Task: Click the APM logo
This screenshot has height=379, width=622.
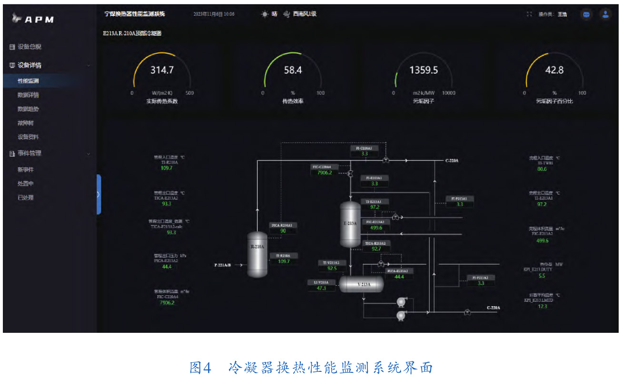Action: point(33,19)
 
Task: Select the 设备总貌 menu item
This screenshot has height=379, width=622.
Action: point(29,47)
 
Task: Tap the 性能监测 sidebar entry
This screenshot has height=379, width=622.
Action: point(28,81)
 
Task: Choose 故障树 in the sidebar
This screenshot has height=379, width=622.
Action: point(25,123)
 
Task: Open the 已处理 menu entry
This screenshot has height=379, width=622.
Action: point(25,198)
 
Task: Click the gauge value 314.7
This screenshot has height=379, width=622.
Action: point(162,70)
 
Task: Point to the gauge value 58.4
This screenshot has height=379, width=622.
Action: point(293,70)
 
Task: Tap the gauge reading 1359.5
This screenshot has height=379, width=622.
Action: point(424,70)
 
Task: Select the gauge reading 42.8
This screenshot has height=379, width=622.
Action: point(554,70)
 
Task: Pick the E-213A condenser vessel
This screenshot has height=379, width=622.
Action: point(350,224)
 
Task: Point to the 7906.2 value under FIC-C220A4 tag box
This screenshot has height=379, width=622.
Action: point(325,173)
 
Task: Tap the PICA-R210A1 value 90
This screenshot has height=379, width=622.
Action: point(283,231)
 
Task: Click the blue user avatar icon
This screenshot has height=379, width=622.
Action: point(605,14)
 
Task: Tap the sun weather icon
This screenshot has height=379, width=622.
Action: point(265,14)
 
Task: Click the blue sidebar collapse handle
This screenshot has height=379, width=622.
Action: point(99,194)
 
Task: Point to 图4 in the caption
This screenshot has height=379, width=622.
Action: point(200,367)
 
